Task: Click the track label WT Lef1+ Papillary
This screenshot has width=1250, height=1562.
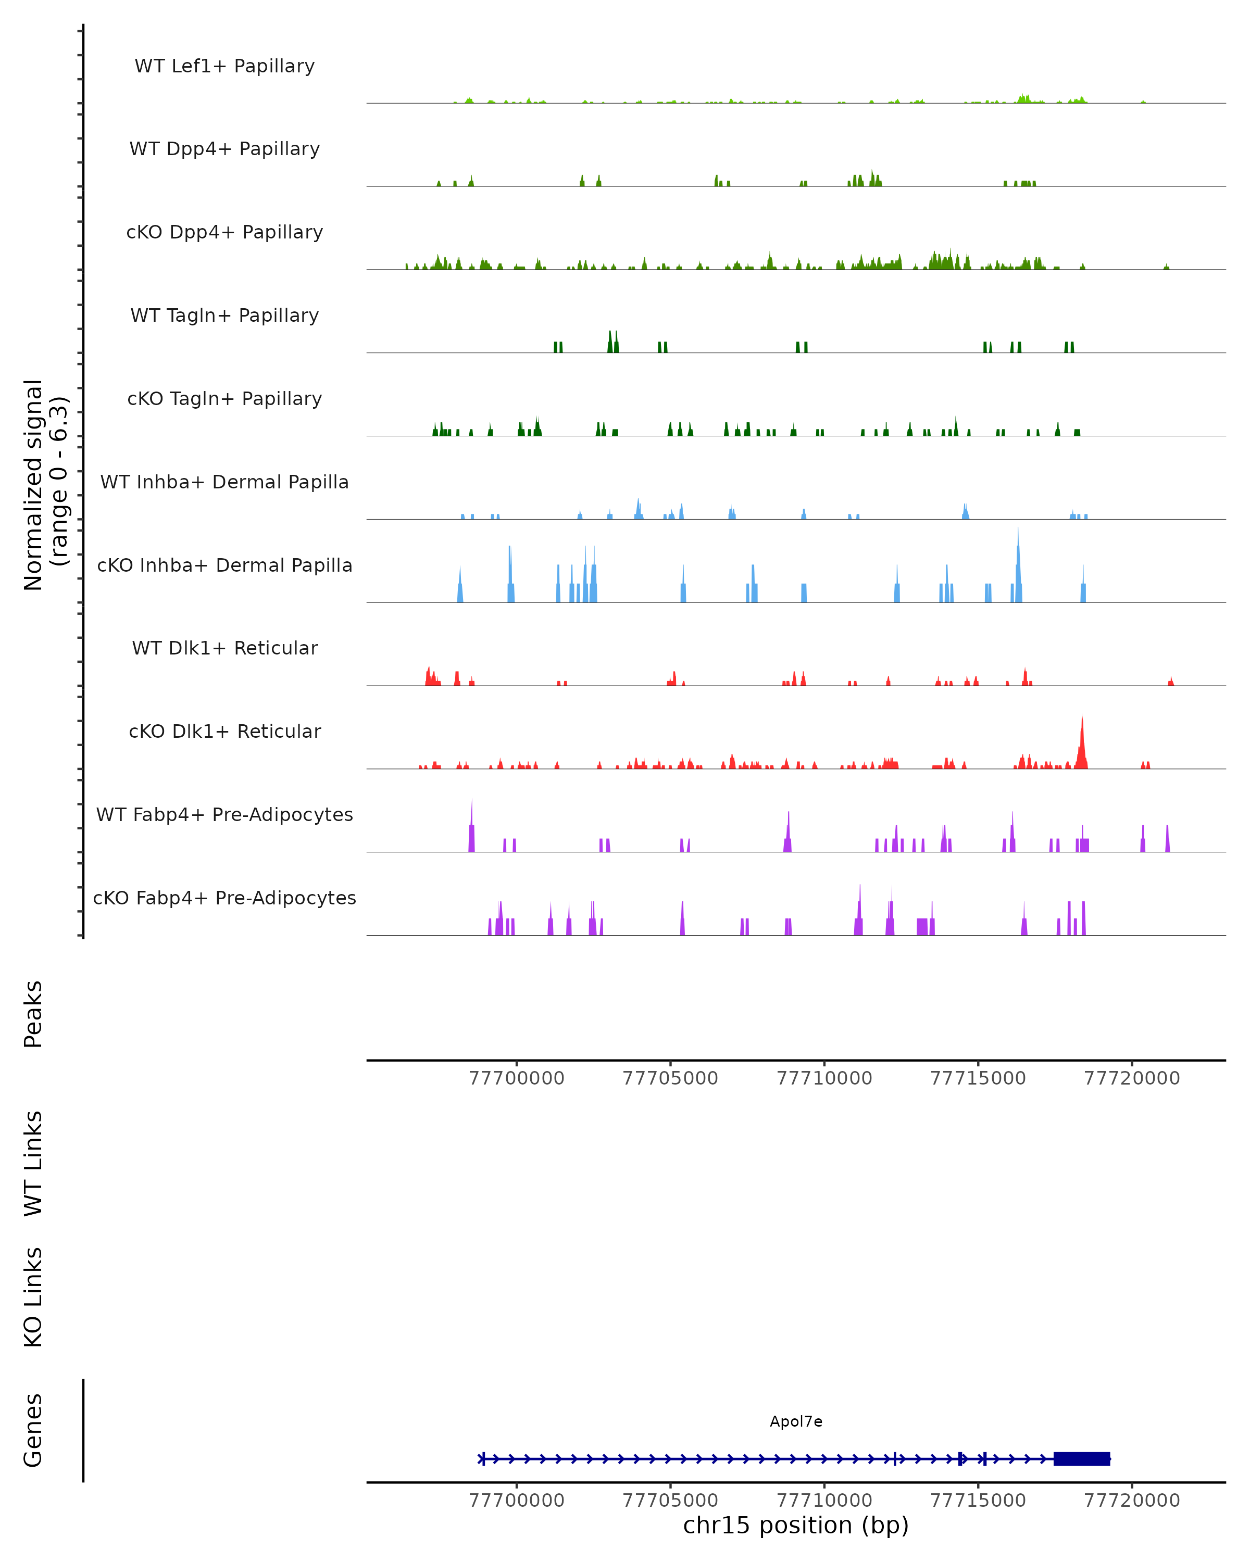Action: (x=224, y=66)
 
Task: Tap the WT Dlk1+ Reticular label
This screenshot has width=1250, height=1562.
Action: (x=224, y=648)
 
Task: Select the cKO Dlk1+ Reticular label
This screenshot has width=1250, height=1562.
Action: (x=224, y=731)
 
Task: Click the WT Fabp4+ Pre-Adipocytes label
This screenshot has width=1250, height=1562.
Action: (x=224, y=814)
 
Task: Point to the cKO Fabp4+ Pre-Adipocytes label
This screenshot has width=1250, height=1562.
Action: (x=224, y=898)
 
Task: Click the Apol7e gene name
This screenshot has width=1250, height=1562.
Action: (x=796, y=1421)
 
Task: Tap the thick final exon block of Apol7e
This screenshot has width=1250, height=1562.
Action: (x=1081, y=1458)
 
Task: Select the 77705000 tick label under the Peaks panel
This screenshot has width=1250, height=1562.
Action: (x=670, y=1079)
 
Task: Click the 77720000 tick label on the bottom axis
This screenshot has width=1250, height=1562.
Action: (x=1132, y=1501)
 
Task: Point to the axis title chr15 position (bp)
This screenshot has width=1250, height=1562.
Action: (x=796, y=1526)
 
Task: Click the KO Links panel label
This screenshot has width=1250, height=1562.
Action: (x=33, y=1298)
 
